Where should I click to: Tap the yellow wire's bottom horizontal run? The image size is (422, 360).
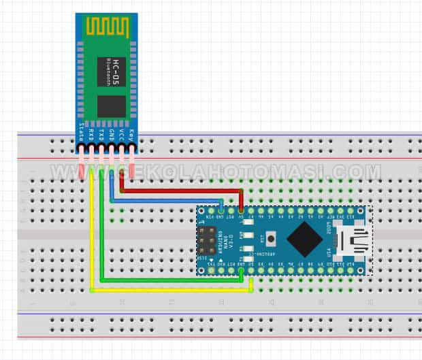coord(170,290)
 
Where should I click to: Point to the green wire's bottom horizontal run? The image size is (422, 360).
coord(170,280)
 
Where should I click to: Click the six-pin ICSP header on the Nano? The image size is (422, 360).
coord(206,241)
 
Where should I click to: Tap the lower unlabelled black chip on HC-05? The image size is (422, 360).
coord(110,105)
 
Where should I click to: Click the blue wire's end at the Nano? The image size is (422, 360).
coord(222,212)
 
